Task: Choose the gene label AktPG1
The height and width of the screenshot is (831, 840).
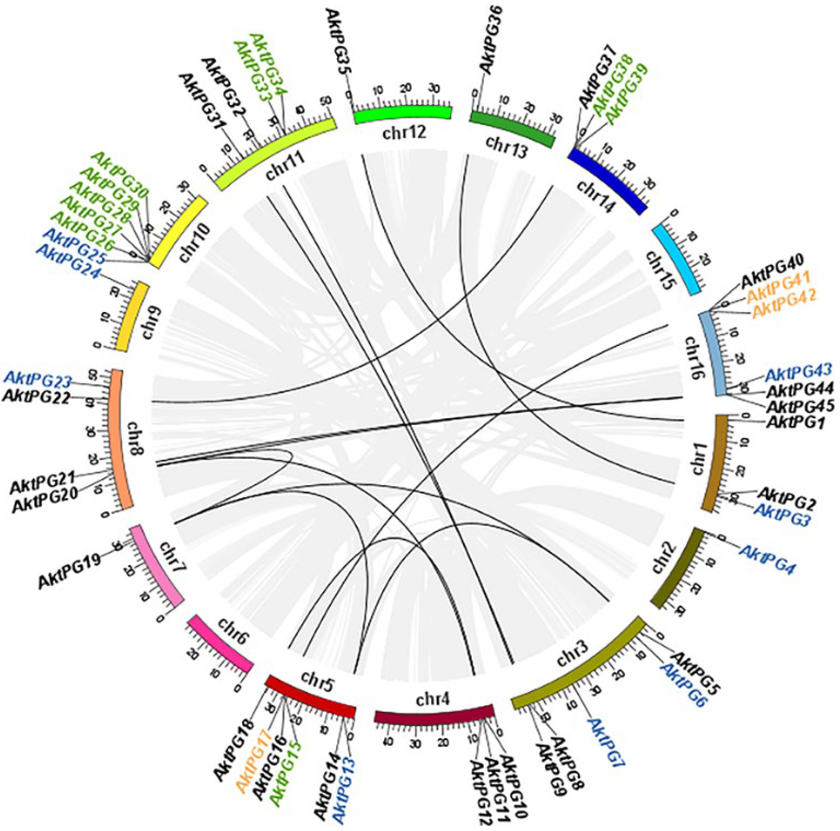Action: point(795,422)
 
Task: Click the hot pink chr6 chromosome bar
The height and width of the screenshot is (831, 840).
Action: point(221,644)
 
